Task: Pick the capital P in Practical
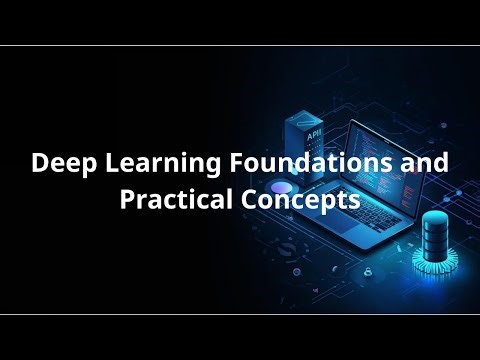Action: click(x=127, y=198)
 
